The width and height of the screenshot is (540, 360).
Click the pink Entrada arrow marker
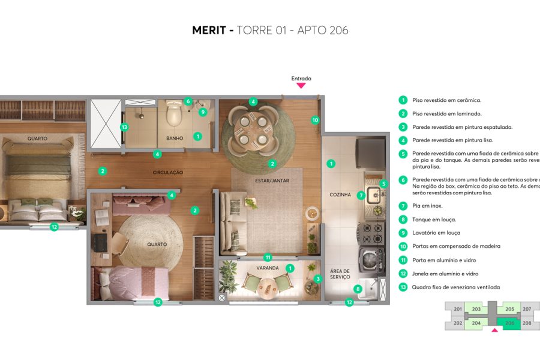click(x=301, y=86)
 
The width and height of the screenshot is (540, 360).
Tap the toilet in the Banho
click(x=174, y=114)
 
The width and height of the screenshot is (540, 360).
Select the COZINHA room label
click(x=340, y=194)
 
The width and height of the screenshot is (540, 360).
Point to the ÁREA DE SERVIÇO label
click(x=340, y=274)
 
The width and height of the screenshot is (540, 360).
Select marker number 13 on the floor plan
click(x=124, y=127)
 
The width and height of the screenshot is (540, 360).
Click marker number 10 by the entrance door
click(x=316, y=120)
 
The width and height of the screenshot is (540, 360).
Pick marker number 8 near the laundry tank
click(x=358, y=289)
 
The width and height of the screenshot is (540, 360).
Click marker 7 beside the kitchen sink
click(x=361, y=195)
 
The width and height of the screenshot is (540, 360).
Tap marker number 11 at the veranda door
click(x=268, y=257)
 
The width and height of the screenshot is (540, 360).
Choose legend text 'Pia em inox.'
click(x=427, y=206)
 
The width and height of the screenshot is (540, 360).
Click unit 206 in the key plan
click(x=510, y=323)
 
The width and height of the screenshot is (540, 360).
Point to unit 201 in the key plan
click(x=458, y=310)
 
